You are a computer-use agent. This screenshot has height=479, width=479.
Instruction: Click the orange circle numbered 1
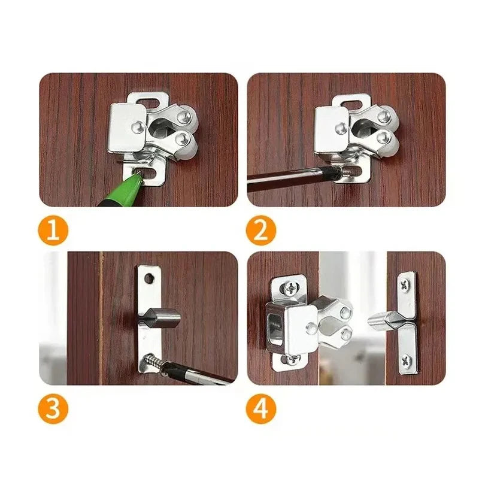(x=54, y=232)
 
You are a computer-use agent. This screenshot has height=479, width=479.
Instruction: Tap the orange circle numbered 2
(x=261, y=232)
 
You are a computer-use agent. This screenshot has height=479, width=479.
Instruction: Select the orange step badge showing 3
(x=54, y=410)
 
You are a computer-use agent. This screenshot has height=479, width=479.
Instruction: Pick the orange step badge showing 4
(x=261, y=410)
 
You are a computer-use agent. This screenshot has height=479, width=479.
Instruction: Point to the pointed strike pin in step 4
(x=384, y=320)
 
